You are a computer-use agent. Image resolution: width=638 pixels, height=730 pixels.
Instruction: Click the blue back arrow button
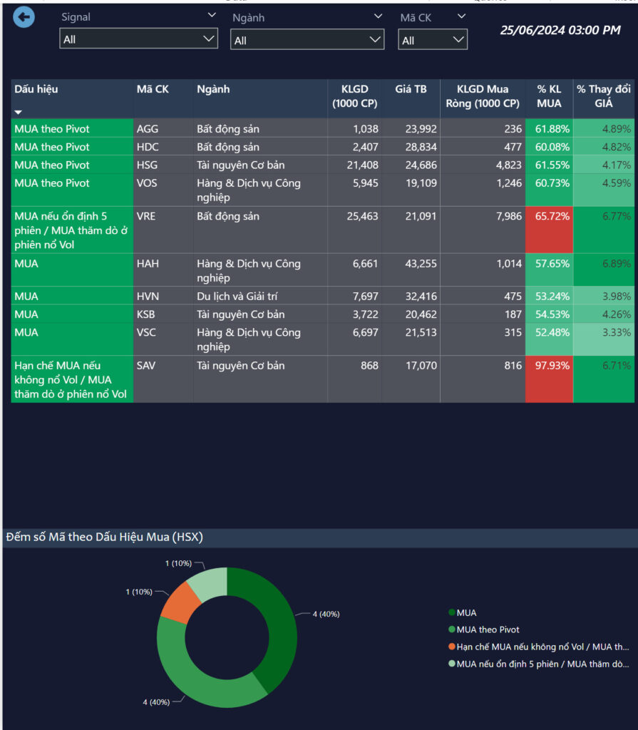pos(24,17)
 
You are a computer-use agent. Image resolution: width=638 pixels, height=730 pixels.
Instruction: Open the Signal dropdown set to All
pos(138,39)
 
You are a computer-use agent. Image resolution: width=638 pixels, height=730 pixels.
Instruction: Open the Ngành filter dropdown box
pos(307,40)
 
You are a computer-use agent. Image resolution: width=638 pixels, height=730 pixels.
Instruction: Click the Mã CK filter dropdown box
pos(433,40)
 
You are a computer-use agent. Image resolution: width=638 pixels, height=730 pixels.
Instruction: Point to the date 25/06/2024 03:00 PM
pos(560,30)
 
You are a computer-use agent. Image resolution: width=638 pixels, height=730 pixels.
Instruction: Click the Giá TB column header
pos(411,90)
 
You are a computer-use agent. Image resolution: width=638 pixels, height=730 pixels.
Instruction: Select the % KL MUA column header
pos(549,96)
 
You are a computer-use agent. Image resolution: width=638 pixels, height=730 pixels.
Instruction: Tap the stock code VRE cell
pos(146,216)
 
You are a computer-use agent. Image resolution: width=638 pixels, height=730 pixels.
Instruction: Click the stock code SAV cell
pos(146,366)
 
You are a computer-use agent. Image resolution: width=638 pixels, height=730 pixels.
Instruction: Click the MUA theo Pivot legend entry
pos(488,629)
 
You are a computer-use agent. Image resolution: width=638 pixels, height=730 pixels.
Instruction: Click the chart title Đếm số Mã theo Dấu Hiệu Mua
pos(104,538)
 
